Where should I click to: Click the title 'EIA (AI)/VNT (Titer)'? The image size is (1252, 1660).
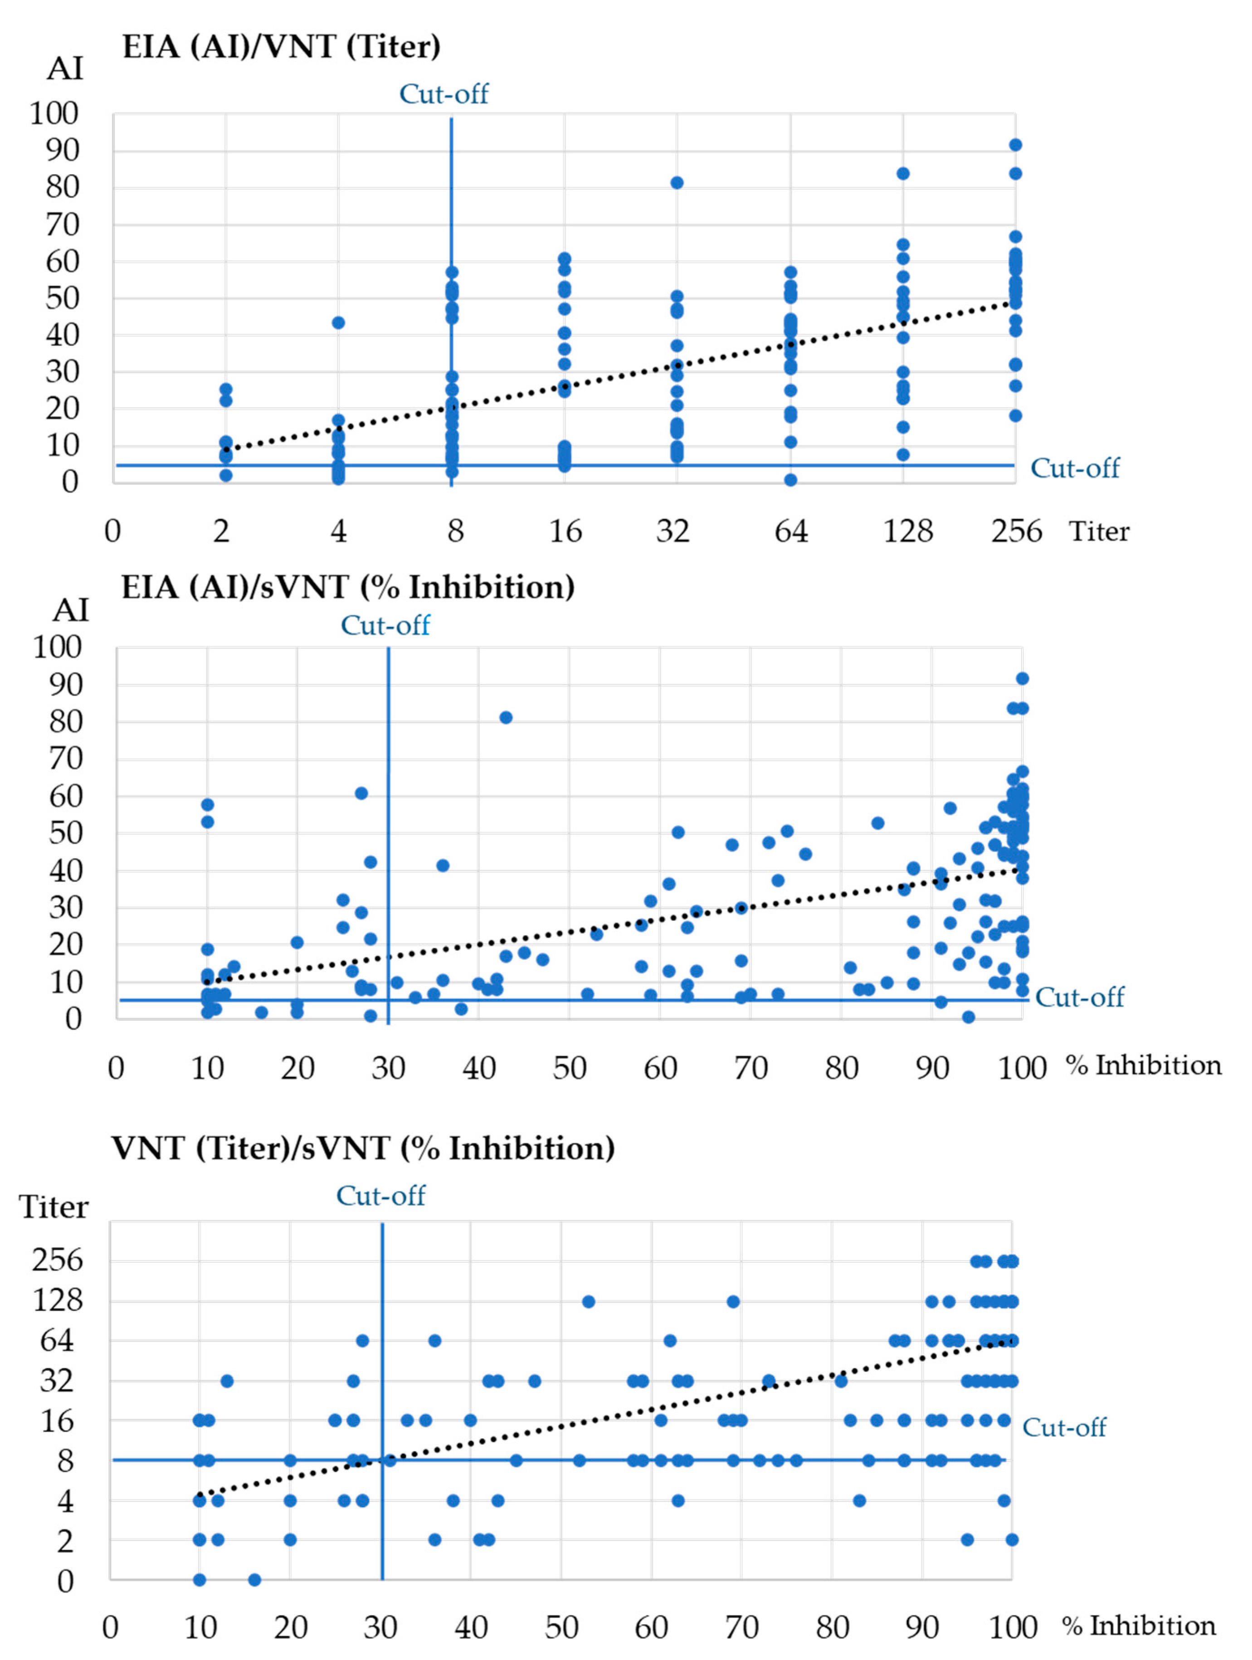click(x=282, y=47)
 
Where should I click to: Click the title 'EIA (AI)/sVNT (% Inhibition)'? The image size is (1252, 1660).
click(x=347, y=587)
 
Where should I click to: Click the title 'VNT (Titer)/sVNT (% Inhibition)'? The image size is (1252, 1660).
click(x=363, y=1148)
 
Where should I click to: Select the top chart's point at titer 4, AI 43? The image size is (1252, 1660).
click(x=339, y=323)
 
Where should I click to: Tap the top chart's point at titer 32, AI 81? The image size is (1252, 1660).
click(x=677, y=182)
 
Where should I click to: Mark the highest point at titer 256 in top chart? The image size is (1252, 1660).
click(x=1015, y=145)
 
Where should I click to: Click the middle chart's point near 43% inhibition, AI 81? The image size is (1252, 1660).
click(x=506, y=717)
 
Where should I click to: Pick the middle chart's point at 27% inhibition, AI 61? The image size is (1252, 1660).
click(x=361, y=793)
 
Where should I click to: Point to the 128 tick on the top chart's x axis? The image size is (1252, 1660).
click(x=907, y=531)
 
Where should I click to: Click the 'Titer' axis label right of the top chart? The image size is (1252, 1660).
click(x=1099, y=531)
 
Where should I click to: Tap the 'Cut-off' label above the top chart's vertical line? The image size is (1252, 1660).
click(x=443, y=94)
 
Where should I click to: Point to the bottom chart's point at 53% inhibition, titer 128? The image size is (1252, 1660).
click(x=589, y=1301)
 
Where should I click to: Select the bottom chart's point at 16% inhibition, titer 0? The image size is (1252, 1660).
click(x=254, y=1580)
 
